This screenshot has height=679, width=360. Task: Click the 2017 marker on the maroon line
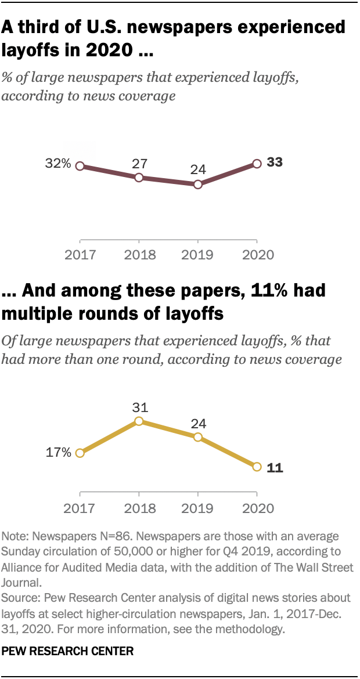80,166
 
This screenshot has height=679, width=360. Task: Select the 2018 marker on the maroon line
139,178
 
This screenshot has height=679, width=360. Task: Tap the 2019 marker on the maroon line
198,185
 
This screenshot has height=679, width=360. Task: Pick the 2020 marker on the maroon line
257,164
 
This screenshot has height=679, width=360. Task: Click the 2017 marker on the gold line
80,453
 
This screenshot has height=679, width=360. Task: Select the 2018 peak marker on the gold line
139,421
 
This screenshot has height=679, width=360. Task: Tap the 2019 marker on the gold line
198,437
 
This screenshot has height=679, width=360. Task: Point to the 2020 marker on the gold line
257,467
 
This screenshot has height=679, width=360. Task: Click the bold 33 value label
275,163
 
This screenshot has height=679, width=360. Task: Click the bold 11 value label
274,468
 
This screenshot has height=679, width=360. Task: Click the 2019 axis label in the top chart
198,254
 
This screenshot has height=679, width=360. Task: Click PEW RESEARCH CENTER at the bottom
67,652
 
